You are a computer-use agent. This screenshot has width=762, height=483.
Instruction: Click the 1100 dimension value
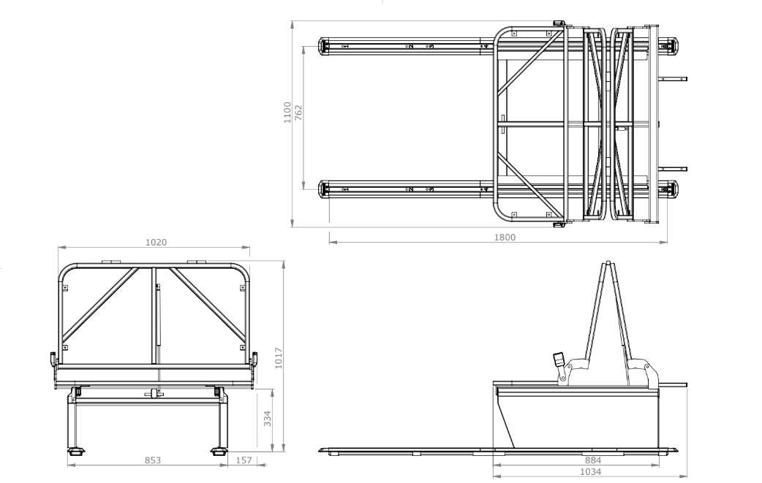(287, 114)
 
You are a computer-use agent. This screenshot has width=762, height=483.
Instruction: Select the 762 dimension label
(298, 114)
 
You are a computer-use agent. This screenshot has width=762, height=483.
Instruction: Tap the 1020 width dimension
(155, 242)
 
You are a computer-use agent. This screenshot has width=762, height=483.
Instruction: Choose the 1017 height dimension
(279, 358)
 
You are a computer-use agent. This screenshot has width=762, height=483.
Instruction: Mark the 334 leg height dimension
(268, 418)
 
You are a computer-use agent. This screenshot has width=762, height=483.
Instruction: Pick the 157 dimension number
(245, 460)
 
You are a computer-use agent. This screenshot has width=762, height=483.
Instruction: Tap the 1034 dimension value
(591, 472)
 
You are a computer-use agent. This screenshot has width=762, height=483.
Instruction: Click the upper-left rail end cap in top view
(324, 46)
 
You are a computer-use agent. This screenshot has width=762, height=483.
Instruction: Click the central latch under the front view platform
(154, 394)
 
